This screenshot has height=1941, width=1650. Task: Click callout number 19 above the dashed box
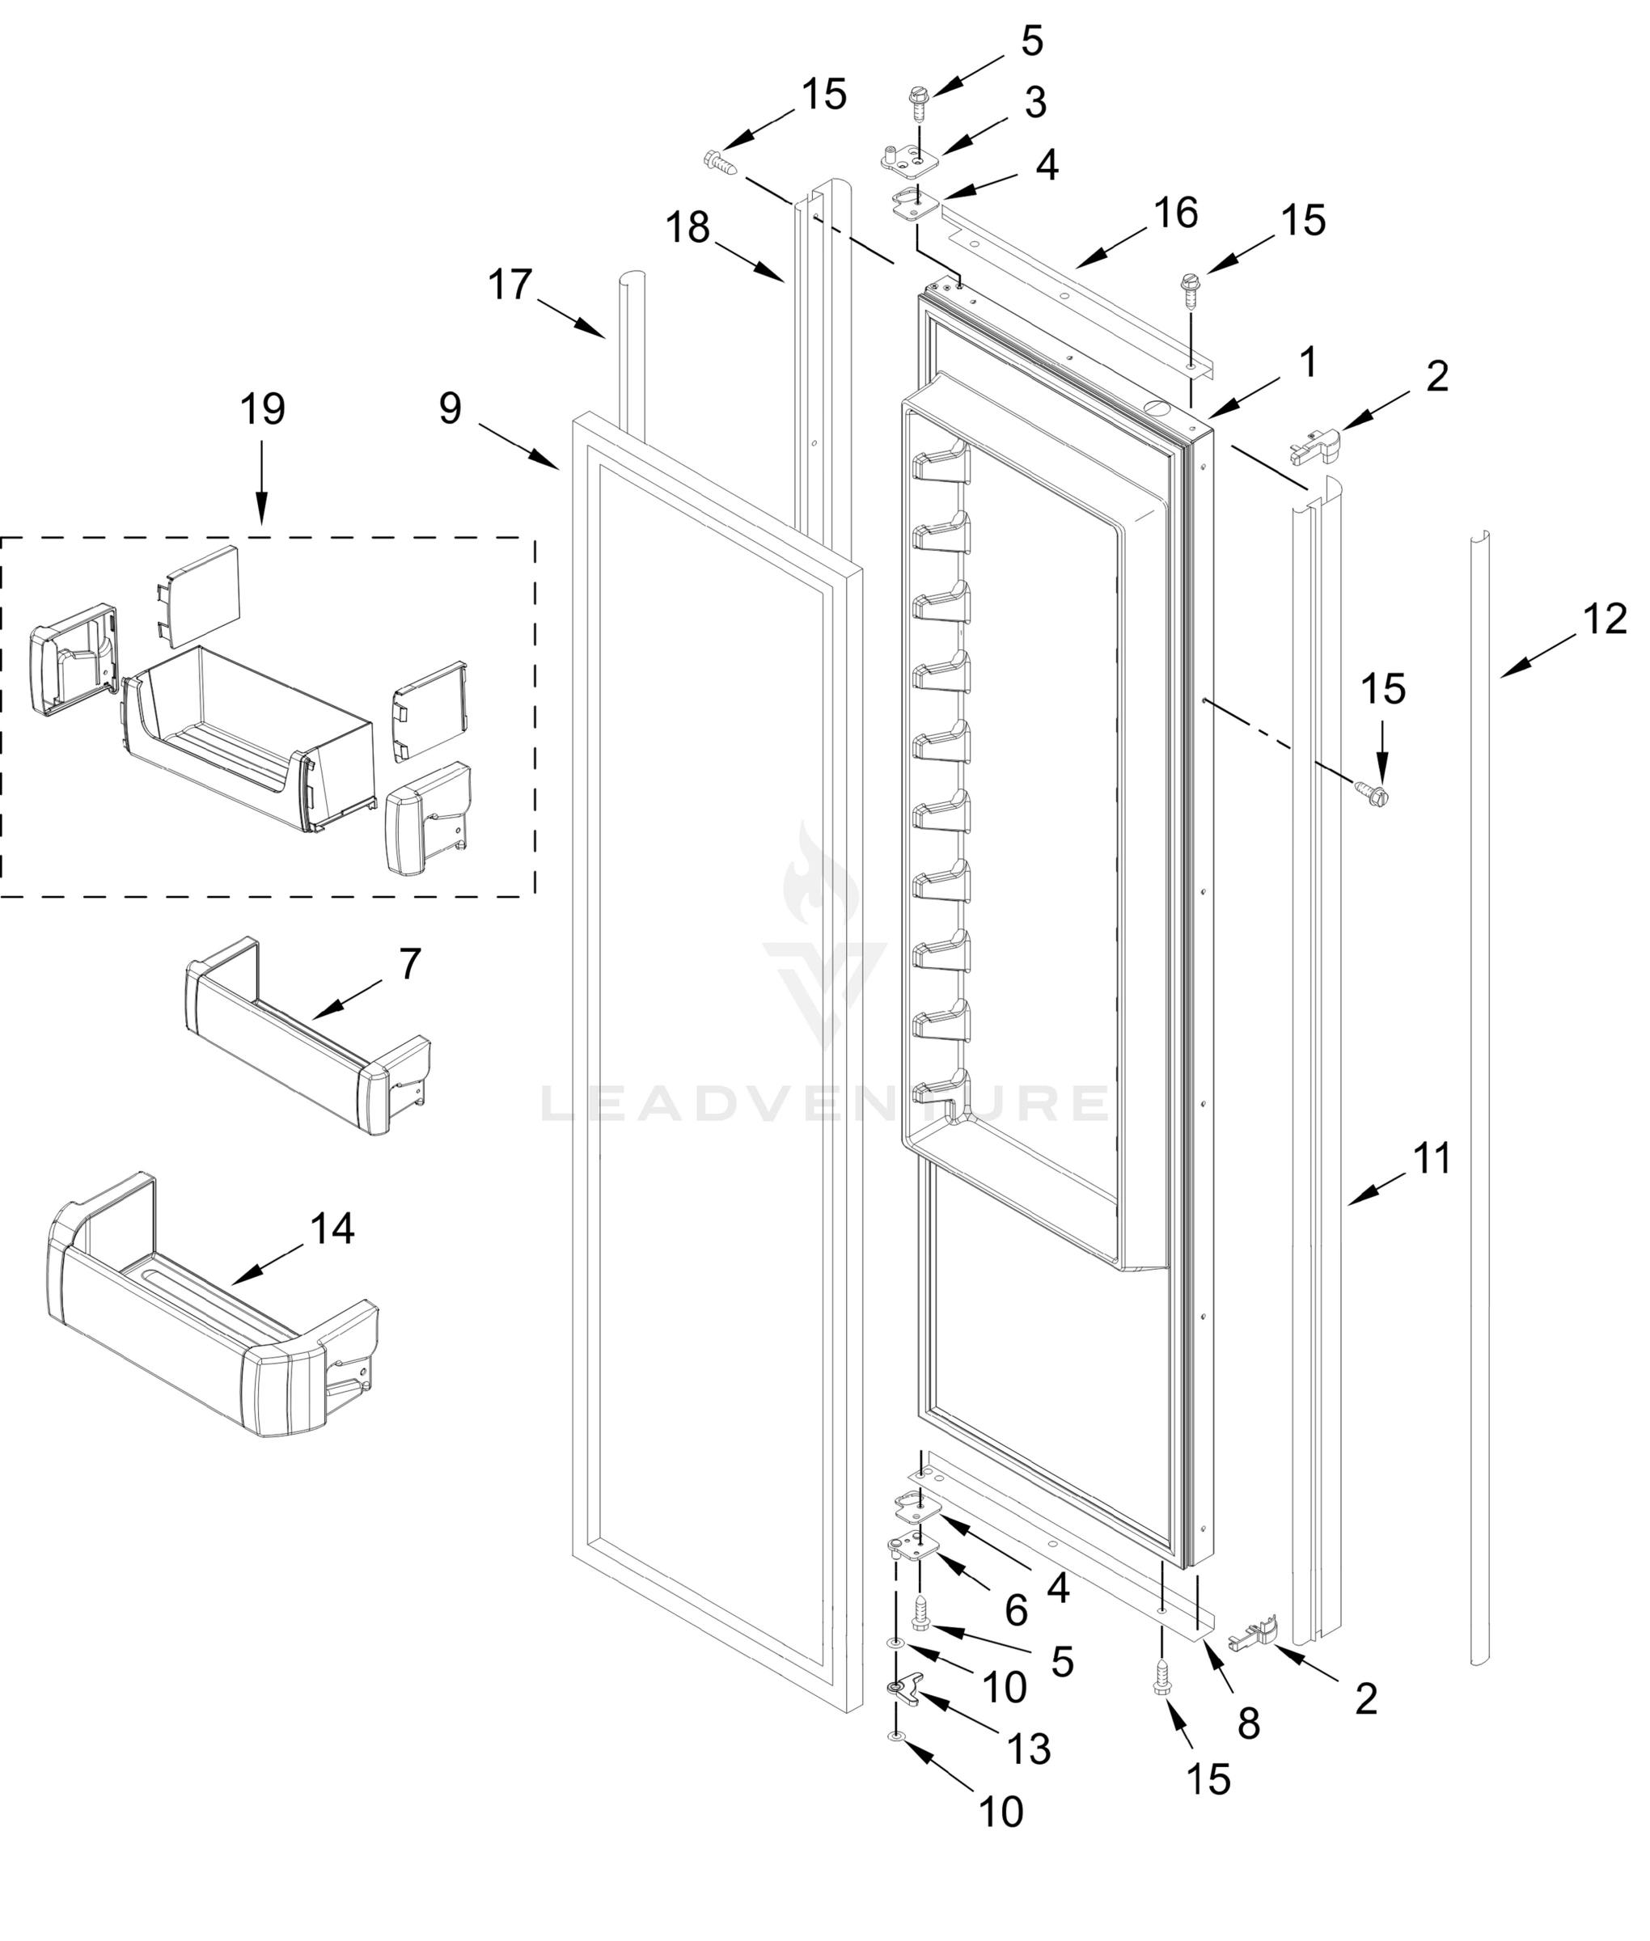tap(262, 410)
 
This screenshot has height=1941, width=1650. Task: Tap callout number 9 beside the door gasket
tap(450, 408)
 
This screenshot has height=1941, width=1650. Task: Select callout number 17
tap(510, 285)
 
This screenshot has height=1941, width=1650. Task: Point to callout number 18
tap(688, 227)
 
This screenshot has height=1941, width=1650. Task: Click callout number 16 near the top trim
tap(1176, 214)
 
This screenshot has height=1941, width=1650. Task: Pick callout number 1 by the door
tap(1308, 362)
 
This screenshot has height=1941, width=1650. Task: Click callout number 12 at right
tap(1605, 620)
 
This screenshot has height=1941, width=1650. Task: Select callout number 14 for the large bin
tap(332, 1228)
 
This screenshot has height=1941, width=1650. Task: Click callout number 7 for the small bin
tap(411, 963)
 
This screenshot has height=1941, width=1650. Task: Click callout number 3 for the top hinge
tap(1034, 103)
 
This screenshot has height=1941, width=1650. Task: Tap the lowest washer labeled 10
tap(896, 1737)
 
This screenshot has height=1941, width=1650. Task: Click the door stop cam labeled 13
tap(901, 1689)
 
